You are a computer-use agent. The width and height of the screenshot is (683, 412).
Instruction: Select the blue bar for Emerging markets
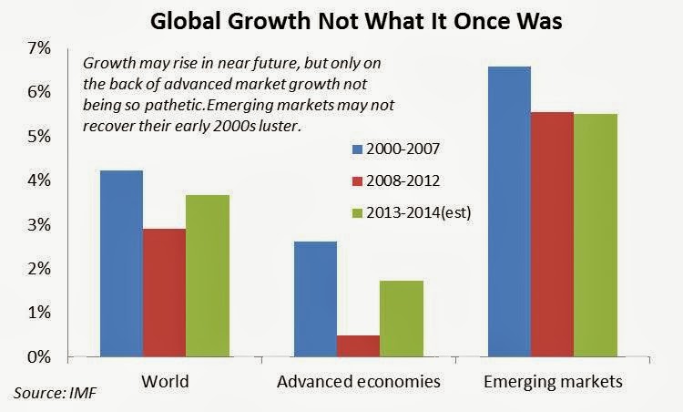[x=510, y=211]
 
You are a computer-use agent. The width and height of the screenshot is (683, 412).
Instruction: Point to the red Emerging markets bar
[x=552, y=233]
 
